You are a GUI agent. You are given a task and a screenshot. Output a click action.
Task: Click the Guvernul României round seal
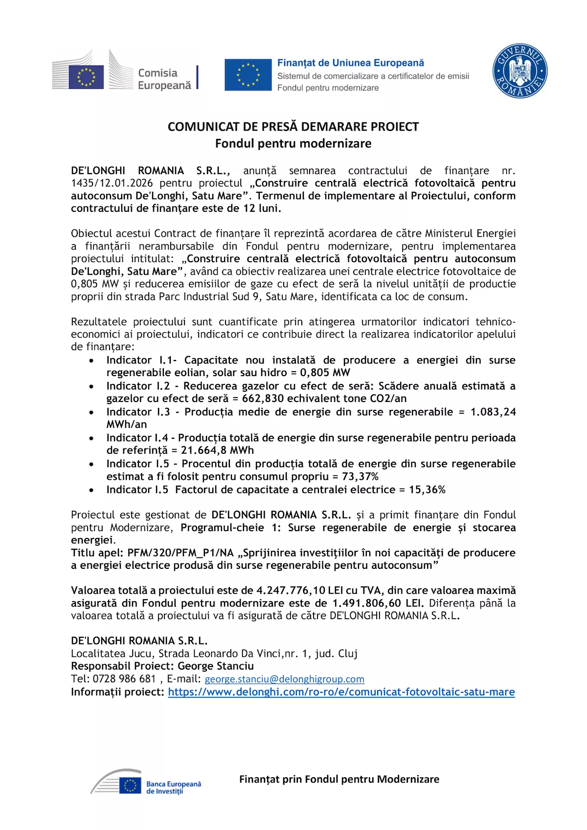click(519, 71)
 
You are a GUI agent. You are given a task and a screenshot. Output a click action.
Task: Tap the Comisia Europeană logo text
click(164, 79)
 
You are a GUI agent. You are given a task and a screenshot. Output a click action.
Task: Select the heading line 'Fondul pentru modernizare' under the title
click(293, 143)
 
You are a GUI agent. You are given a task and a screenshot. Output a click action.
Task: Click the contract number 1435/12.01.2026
click(112, 183)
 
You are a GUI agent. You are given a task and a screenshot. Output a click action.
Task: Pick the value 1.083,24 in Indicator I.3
click(493, 412)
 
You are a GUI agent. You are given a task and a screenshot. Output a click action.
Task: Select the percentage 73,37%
click(360, 476)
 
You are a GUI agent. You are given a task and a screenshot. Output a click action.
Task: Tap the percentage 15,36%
click(427, 490)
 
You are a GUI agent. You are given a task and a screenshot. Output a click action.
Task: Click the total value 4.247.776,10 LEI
click(300, 590)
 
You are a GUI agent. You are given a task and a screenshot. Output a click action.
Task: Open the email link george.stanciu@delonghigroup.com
click(284, 679)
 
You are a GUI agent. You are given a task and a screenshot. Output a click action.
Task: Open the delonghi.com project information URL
click(341, 692)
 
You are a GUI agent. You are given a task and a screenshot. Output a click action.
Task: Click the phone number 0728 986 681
click(124, 679)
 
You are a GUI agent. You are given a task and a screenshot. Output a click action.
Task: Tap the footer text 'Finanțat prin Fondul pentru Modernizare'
click(339, 779)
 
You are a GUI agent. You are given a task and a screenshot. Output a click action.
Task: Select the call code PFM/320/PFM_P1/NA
click(181, 553)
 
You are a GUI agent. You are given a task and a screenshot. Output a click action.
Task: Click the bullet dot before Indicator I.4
click(91, 438)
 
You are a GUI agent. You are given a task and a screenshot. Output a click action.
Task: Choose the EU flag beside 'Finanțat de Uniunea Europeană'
click(248, 75)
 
